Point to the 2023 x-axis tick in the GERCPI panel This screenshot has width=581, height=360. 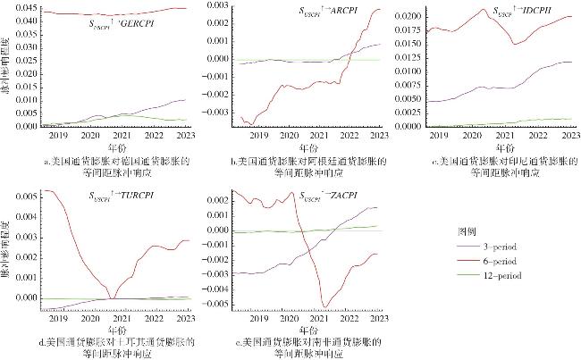tap(186, 135)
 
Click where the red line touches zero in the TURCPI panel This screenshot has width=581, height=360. tap(112, 298)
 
